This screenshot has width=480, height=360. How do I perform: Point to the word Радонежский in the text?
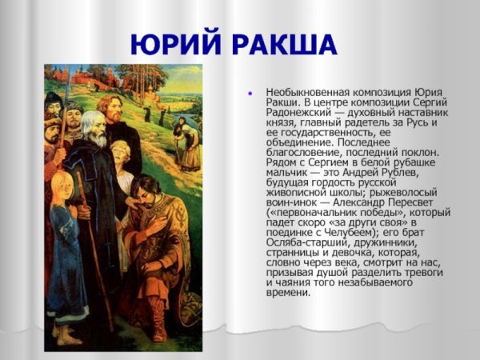click(x=295, y=113)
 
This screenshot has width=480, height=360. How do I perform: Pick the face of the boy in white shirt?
click(x=122, y=154)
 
